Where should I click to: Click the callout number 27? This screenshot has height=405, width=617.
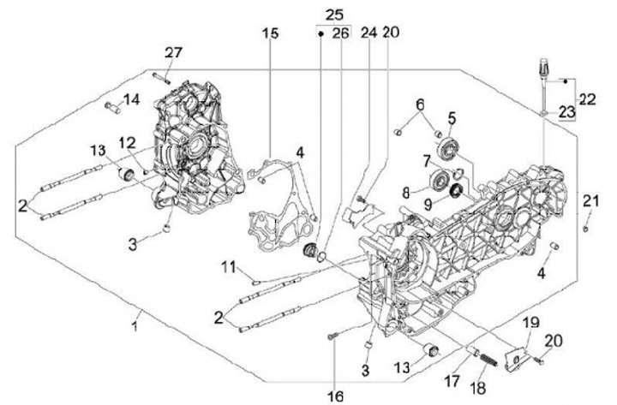point(174,53)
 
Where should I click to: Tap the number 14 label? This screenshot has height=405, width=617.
point(130,100)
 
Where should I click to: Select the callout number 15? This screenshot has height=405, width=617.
point(271,33)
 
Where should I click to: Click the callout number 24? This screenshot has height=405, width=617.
point(368,33)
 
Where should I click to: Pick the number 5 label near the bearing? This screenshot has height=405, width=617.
point(451,116)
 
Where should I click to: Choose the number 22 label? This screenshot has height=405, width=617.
point(586,99)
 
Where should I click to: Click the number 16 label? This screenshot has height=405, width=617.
point(334,396)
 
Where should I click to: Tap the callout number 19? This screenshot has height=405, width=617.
point(531,322)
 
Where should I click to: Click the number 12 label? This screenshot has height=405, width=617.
point(126,141)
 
